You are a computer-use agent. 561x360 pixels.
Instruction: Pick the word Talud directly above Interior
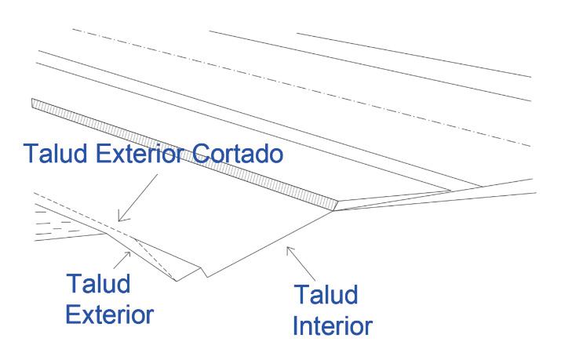click(x=326, y=296)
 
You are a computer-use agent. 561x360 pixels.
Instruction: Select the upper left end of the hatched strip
click(x=32, y=102)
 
